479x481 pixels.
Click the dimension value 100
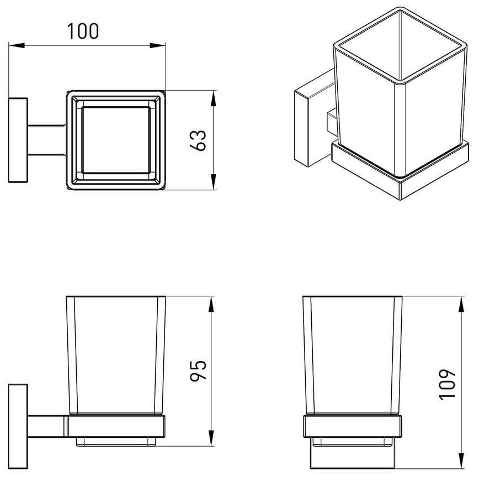(83, 31)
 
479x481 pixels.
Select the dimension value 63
(198, 140)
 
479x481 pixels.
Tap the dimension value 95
(198, 370)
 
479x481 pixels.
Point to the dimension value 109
(447, 384)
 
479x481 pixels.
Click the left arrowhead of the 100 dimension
(17, 45)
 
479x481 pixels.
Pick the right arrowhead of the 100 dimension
(157, 45)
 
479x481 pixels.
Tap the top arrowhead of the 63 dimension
(214, 98)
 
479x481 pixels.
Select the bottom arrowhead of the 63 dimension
(214, 182)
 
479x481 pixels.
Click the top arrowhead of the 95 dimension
(211, 304)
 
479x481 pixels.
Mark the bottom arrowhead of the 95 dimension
(211, 438)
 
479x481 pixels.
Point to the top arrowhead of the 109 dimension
(461, 304)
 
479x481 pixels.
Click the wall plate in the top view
(18, 140)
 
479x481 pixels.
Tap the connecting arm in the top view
(47, 140)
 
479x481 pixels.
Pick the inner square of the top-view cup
(116, 140)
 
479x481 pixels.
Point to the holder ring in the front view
(353, 426)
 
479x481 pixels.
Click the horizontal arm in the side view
(47, 426)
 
